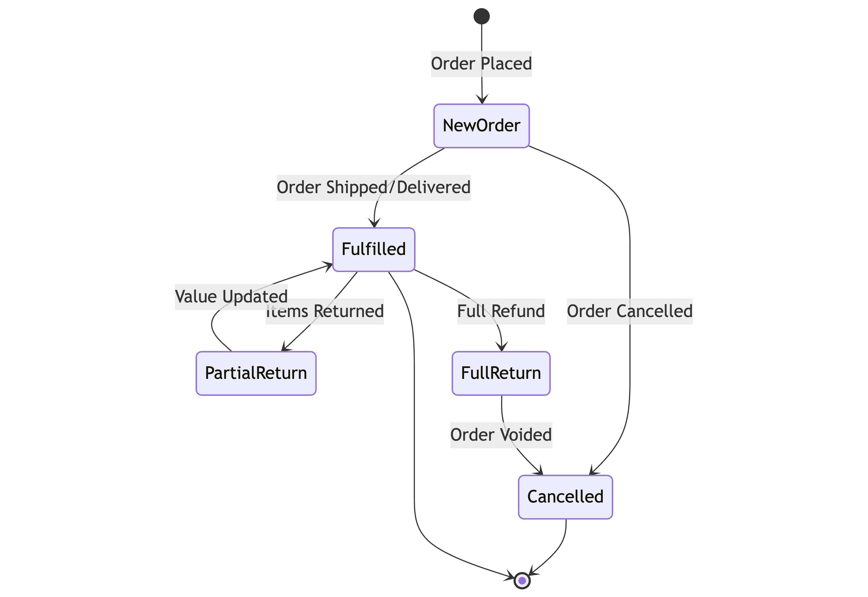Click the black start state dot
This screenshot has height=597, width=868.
482,16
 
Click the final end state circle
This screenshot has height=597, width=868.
522,580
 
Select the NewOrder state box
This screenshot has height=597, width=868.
482,126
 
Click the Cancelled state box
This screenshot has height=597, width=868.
565,497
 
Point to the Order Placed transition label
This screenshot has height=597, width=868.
482,64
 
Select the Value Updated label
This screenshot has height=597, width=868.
231,297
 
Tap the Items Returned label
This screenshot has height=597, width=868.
325,311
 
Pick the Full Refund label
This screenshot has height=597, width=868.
501,311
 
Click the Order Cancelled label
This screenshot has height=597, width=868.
630,311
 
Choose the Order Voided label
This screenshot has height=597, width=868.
501,435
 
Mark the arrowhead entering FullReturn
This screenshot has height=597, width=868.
502,347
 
